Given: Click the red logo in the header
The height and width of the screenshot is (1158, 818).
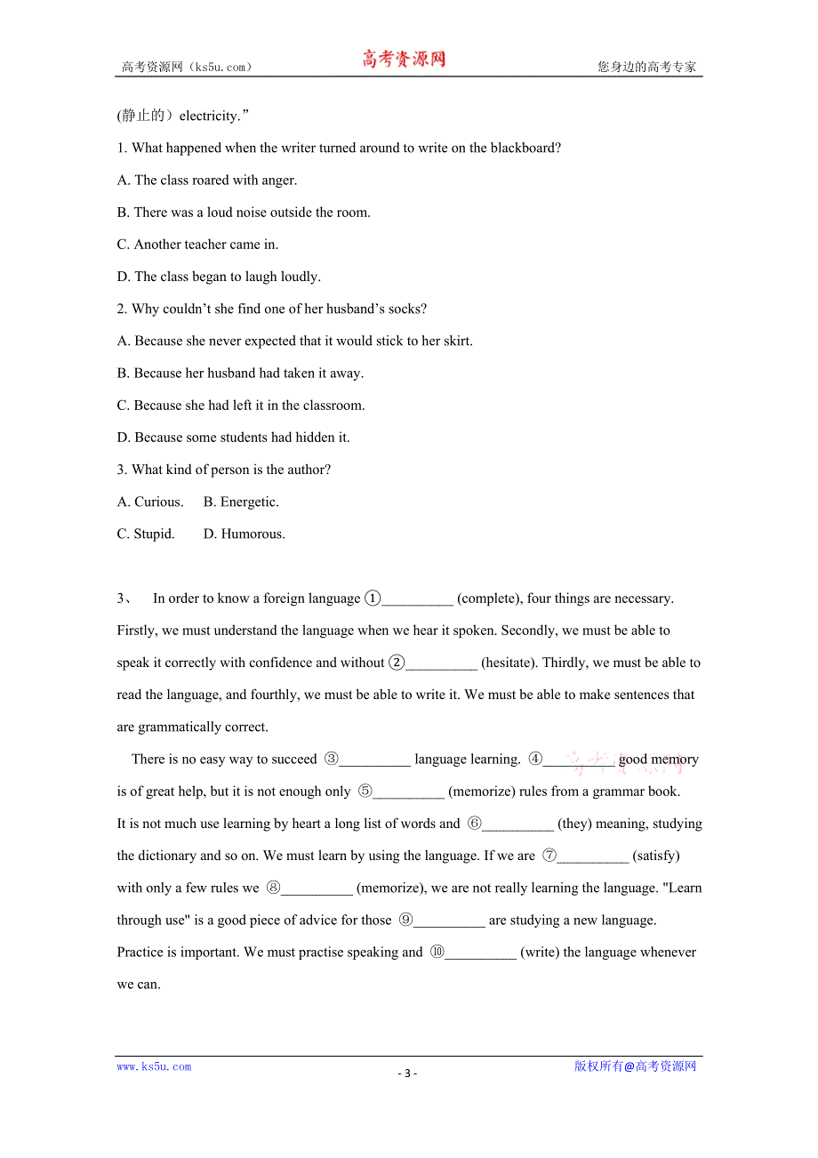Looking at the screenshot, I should pos(404,60).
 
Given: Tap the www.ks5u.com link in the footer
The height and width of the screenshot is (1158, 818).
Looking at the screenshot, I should pos(154,1066).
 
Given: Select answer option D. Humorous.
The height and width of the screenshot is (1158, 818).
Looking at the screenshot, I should pos(245,534).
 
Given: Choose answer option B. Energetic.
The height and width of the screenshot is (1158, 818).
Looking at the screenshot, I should pos(241,502).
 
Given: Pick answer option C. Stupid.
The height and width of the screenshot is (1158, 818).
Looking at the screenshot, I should pos(146,534).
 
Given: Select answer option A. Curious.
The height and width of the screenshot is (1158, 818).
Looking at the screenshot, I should pos(150,502).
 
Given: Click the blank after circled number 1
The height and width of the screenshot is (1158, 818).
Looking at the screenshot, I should pos(417,599).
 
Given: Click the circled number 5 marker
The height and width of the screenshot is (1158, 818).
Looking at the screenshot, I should pos(365,791).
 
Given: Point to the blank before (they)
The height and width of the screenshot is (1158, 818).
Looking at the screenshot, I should pos(518,824).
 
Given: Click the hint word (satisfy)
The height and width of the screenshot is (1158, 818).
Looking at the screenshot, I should pos(655,856).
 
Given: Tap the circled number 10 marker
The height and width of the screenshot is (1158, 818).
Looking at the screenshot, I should pos(437,952).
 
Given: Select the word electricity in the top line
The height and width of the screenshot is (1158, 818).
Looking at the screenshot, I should pos(209,116).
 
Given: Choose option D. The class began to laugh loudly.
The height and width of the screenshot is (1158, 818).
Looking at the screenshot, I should pos(219,277).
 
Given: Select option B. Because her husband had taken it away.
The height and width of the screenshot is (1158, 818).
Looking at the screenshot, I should pos(240,373).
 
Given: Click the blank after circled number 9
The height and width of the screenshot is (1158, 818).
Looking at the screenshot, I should pos(449,921).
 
